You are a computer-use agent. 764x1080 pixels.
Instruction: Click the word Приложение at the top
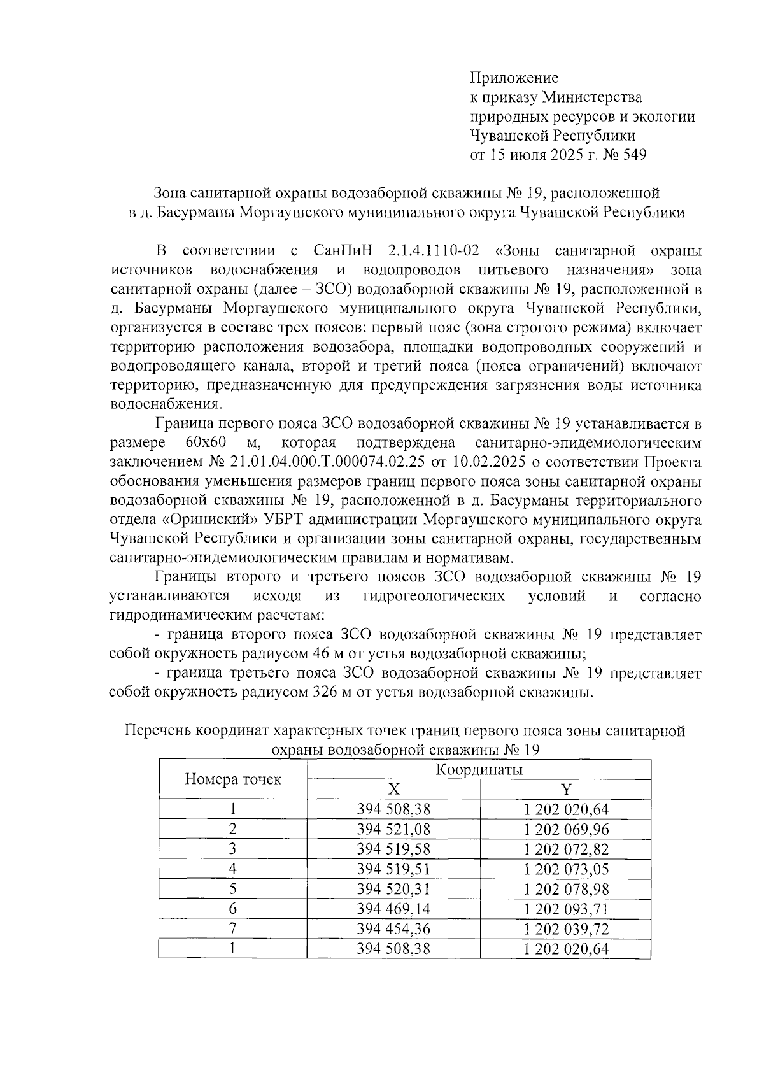[x=514, y=78]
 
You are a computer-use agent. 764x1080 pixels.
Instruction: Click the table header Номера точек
[x=233, y=779]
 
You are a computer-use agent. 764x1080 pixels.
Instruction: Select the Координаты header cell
[x=479, y=770]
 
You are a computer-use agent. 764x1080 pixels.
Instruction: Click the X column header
[x=394, y=790]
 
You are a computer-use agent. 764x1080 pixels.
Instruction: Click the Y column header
[x=566, y=790]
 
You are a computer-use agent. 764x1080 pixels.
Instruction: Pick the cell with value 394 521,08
[x=393, y=829]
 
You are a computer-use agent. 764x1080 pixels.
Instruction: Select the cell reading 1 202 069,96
[x=566, y=829]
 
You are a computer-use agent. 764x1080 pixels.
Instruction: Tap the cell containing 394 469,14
[x=393, y=909]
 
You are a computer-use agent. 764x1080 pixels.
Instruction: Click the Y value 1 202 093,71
[x=566, y=909]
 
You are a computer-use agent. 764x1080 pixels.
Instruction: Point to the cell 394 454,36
[x=393, y=928]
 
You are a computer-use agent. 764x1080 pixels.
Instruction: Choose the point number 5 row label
[x=233, y=889]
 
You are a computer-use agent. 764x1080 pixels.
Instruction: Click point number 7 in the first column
[x=233, y=928]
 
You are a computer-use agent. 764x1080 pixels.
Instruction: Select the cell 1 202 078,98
[x=566, y=889]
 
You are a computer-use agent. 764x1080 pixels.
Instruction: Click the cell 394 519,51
[x=393, y=869]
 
